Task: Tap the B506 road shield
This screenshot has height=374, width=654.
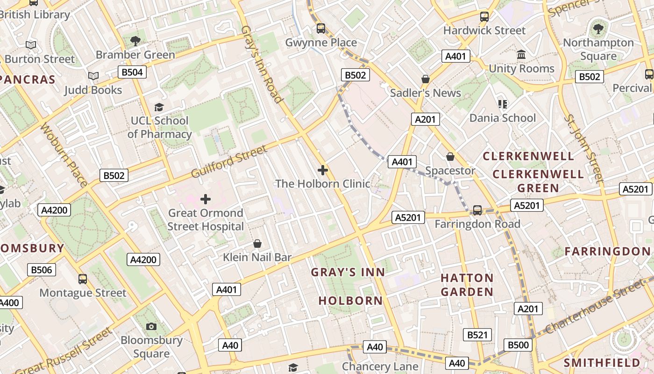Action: [42, 270]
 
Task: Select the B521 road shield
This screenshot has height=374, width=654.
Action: [477, 335]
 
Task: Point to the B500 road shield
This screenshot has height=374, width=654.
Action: [518, 345]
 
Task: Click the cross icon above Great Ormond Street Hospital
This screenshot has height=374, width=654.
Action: [206, 200]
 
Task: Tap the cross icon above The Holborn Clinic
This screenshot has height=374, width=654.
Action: [322, 170]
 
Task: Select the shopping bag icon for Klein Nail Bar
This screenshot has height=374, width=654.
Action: [257, 244]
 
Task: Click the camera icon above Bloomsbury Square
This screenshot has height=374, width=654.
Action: [151, 326]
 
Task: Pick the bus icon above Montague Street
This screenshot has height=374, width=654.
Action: [83, 279]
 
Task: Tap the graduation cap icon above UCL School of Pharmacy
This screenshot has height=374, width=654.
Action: [159, 108]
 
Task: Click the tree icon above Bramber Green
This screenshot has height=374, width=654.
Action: [135, 41]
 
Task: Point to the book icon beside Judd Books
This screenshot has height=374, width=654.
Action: [93, 76]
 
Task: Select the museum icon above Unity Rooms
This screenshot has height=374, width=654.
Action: [521, 55]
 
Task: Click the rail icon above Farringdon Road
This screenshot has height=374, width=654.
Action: [477, 210]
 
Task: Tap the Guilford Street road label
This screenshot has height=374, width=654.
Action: [229, 162]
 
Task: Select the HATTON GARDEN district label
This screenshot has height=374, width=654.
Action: [467, 285]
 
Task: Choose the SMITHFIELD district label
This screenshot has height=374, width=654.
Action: [602, 363]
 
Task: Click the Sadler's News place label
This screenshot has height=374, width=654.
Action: [426, 93]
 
